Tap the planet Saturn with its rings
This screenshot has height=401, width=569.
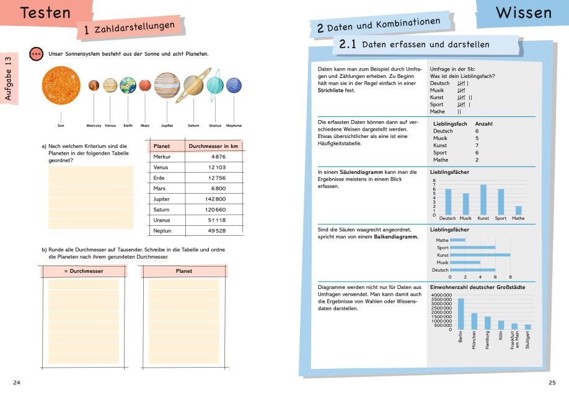[x=193, y=85]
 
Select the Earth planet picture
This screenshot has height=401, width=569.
[x=128, y=85]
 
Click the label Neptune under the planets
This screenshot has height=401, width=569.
[x=234, y=126]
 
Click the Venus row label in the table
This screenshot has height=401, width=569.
[x=161, y=167]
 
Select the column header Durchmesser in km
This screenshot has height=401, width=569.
[x=213, y=146]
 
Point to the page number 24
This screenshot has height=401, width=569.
[x=17, y=383]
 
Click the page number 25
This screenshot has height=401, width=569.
[x=552, y=383]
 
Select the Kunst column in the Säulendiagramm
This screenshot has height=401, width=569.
[x=483, y=199]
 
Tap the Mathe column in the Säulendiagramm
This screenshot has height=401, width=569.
[x=518, y=210]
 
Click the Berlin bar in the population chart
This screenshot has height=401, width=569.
[x=461, y=314]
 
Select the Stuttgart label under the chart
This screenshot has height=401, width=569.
[x=527, y=340]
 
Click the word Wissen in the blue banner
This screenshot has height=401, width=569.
[x=524, y=12]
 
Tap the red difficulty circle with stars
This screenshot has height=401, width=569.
[x=36, y=54]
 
